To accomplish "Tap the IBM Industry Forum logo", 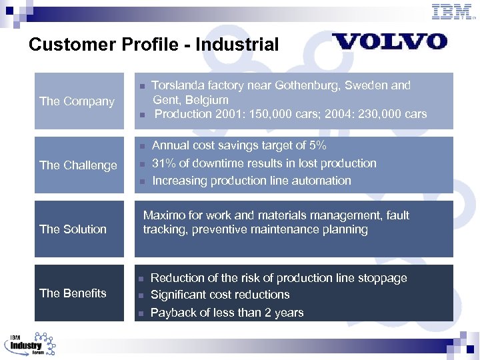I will [31, 343].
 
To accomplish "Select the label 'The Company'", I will [77, 101].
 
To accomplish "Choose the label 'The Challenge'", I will [78, 165].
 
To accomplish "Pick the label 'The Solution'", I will [73, 229].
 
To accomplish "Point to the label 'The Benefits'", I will [73, 293].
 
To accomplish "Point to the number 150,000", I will [273, 114].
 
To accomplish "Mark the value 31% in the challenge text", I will [164, 163].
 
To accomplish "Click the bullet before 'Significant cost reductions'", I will [141, 295].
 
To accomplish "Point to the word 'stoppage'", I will [383, 278].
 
